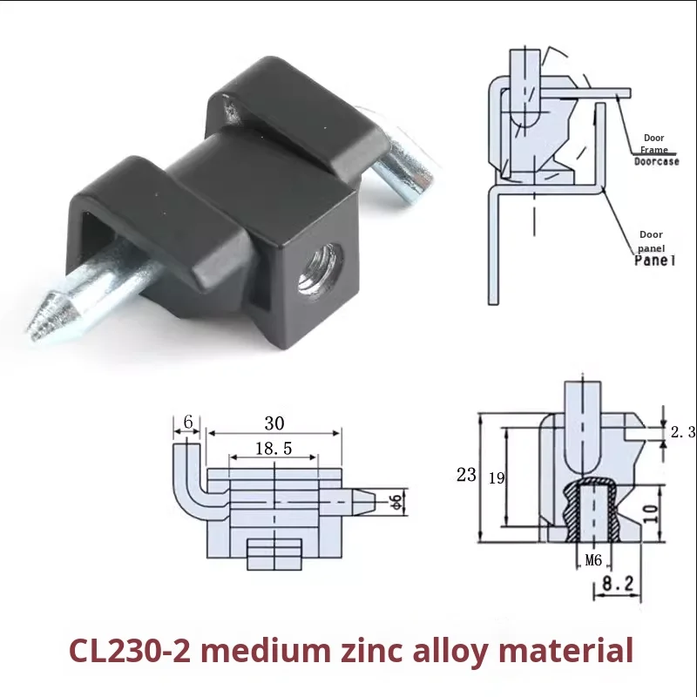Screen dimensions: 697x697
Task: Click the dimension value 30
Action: click(274, 423)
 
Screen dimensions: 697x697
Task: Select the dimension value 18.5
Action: click(274, 449)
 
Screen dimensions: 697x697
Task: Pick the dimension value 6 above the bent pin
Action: click(187, 422)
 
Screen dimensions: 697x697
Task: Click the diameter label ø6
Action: click(396, 501)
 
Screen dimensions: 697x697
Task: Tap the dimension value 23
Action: click(466, 475)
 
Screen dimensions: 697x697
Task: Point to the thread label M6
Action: click(592, 560)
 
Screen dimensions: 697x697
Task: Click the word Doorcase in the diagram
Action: click(656, 161)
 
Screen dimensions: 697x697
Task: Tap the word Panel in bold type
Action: click(655, 260)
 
